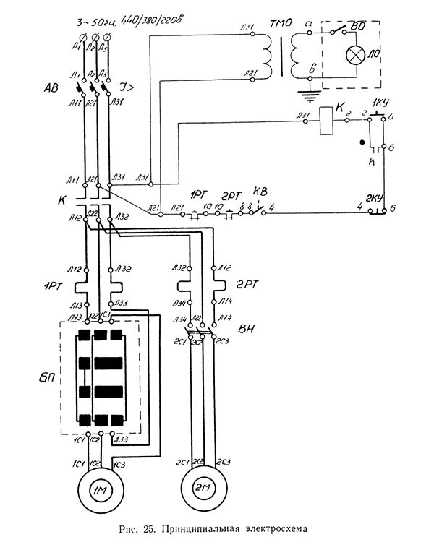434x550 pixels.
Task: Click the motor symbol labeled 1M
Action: [x=98, y=489]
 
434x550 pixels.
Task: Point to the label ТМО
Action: [x=281, y=23]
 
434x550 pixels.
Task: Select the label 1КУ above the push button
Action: [x=380, y=102]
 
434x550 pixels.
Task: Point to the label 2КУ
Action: [x=375, y=198]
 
